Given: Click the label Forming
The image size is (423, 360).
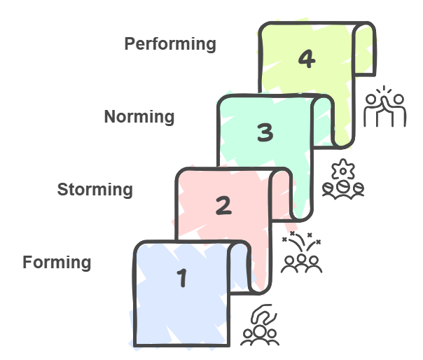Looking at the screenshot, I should [57, 263].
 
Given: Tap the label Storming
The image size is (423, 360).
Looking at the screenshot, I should [95, 189].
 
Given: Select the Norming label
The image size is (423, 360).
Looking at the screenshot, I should [139, 116].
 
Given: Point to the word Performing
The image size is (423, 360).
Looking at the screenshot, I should [170, 43].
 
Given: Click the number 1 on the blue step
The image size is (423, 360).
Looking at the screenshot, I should [182, 279].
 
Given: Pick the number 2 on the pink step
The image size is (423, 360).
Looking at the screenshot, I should [223, 206].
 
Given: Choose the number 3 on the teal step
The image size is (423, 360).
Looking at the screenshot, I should [264, 132].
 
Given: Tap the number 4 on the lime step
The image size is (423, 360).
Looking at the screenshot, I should [305, 60].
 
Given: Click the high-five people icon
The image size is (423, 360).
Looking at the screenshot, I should [385, 106].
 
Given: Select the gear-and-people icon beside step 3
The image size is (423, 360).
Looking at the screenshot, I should [343, 180].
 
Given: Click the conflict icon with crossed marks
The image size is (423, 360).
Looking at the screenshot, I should [301, 253].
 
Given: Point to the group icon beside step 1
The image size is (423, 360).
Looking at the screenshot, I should [260, 326].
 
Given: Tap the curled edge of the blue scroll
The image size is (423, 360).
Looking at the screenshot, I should [240, 256].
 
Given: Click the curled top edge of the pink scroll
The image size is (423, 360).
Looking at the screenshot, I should [282, 182].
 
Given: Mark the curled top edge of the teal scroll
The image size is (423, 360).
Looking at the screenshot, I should [323, 109].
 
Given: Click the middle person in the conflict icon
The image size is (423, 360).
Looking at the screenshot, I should [302, 261].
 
